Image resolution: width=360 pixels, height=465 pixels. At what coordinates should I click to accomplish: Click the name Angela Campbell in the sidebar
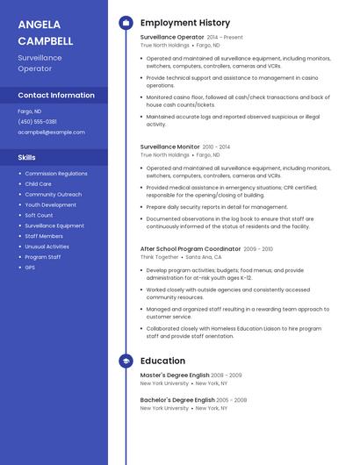pyautogui.click(x=46, y=32)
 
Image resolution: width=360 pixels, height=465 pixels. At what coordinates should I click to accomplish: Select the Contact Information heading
pyautogui.click(x=56, y=95)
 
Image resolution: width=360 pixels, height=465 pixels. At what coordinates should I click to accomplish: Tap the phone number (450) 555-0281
pyautogui.click(x=38, y=122)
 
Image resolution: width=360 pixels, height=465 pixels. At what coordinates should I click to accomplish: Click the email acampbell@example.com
pyautogui.click(x=52, y=132)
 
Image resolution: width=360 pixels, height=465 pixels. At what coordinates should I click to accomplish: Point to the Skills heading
pyautogui.click(x=27, y=157)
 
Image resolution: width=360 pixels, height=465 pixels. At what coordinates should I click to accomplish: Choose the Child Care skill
pyautogui.click(x=38, y=184)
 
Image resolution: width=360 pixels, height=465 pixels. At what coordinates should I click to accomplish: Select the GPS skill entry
pyautogui.click(x=30, y=267)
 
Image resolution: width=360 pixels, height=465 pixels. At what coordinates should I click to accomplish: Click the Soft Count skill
pyautogui.click(x=39, y=215)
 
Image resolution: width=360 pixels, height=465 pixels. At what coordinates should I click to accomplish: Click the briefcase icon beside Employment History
pyautogui.click(x=126, y=22)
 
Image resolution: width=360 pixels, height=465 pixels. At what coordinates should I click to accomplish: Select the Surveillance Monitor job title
pyautogui.click(x=169, y=147)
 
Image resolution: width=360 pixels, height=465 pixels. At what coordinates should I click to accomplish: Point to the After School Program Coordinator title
pyautogui.click(x=191, y=249)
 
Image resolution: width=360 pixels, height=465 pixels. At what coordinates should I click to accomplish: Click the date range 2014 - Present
pyautogui.click(x=225, y=38)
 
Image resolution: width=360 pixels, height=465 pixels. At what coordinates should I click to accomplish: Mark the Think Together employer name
pyautogui.click(x=160, y=257)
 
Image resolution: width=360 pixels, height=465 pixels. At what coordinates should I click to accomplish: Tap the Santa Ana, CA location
pyautogui.click(x=205, y=257)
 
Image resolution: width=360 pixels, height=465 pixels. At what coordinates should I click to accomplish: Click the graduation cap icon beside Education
pyautogui.click(x=126, y=361)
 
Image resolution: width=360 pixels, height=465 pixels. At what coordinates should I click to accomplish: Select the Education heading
pyautogui.click(x=162, y=361)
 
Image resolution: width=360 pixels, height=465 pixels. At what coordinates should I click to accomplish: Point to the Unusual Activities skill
pyautogui.click(x=47, y=247)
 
